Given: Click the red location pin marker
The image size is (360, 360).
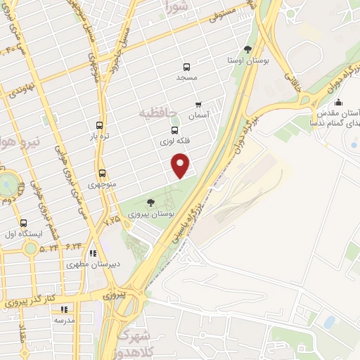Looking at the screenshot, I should click(x=181, y=165).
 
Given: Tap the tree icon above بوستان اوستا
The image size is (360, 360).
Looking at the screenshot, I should click(x=248, y=49).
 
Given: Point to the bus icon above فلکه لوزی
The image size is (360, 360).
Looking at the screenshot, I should click(x=174, y=130).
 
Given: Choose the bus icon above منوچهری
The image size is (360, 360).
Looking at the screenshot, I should click(x=103, y=173).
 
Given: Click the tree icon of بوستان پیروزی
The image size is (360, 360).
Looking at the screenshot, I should click(x=151, y=202).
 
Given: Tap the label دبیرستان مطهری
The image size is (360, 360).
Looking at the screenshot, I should click(x=94, y=265).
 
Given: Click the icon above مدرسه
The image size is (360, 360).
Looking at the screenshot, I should click(x=64, y=309).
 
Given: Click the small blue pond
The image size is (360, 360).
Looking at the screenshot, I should click(x=329, y=322).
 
